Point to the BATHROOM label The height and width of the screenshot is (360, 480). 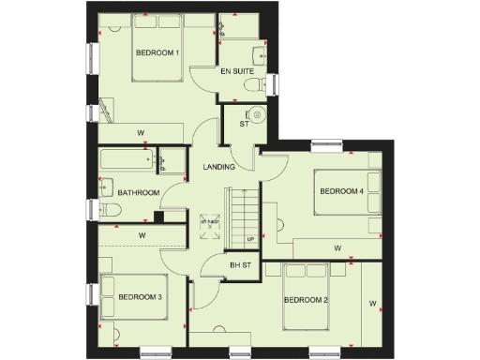tap(136, 193)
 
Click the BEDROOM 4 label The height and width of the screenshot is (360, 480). tap(341, 191)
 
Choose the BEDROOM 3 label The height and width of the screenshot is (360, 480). tap(141, 297)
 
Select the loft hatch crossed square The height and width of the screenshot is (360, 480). tap(208, 226)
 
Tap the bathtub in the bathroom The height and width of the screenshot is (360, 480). tap(127, 162)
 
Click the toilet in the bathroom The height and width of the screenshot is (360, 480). tap(106, 212)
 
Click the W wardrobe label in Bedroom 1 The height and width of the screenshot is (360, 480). tap(141, 131)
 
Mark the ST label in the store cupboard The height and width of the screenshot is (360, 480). tap(243, 123)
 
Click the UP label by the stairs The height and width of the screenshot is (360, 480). tap(249, 240)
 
